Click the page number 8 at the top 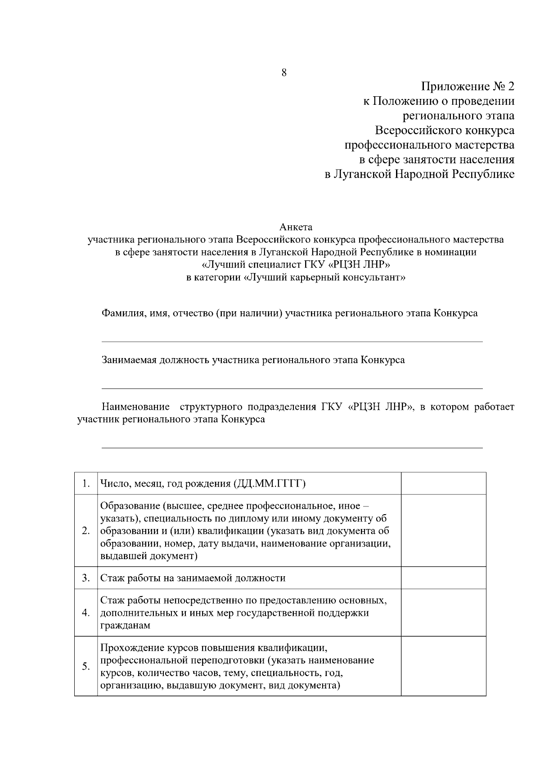(284, 73)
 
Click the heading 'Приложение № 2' (468, 86)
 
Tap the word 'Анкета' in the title (296, 227)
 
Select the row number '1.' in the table (86, 484)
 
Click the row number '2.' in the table (86, 531)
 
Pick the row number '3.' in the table (86, 578)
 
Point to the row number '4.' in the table (86, 613)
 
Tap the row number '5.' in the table (86, 667)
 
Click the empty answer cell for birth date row (443, 484)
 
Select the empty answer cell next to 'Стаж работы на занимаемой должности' (443, 578)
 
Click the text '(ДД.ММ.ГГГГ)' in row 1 (270, 484)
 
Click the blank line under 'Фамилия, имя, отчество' (292, 341)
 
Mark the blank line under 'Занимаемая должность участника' (292, 388)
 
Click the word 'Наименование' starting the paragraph (135, 407)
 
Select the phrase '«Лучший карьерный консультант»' (324, 278)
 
